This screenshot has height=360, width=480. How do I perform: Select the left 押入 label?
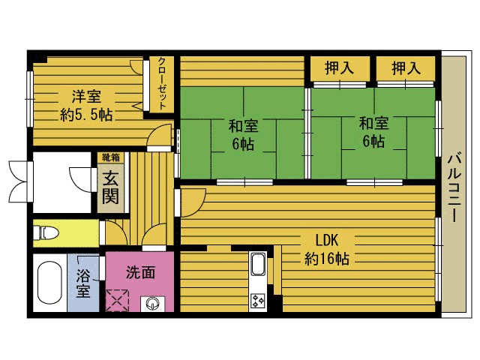point(340,68)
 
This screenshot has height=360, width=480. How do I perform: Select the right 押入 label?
point(406,68)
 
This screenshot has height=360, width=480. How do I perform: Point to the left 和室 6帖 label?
point(241,133)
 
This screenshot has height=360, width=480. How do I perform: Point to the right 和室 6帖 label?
point(373,131)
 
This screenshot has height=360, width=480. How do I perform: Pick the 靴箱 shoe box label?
point(110,157)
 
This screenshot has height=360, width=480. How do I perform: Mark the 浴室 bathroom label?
point(82,283)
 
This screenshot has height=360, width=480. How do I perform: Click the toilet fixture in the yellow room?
point(46,232)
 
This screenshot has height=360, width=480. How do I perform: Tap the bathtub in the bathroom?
point(49,283)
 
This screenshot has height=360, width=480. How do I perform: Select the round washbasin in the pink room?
point(153,304)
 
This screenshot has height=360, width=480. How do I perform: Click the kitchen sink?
point(257,265)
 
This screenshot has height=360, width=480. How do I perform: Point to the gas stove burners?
point(257,301)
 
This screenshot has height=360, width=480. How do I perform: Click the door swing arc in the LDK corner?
point(192,201)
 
